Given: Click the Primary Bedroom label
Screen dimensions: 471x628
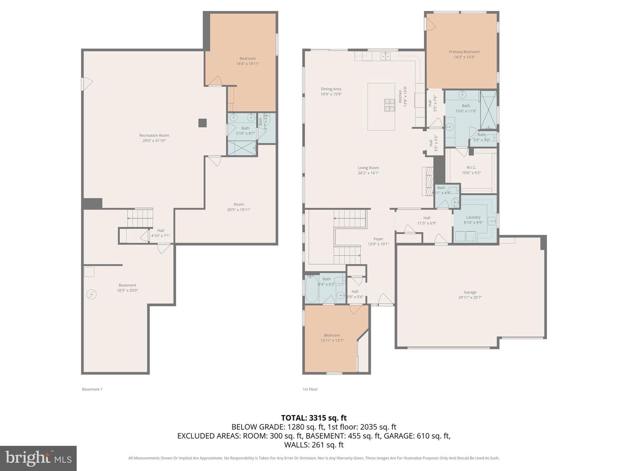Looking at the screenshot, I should click(464, 52).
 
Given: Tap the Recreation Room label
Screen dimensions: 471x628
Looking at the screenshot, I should click(154, 136).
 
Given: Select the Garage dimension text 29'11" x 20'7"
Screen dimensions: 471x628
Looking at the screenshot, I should click(470, 298).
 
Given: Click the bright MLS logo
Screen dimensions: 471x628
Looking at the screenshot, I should click(38, 458).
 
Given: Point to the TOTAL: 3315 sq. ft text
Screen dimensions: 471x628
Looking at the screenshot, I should click(314, 418).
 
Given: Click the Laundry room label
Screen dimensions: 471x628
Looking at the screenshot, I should click(473, 217).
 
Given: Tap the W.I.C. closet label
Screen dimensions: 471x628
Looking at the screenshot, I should click(471, 167).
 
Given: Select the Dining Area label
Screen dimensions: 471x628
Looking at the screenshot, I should click(331, 89).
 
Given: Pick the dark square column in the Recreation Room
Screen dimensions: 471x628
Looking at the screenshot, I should click(202, 123).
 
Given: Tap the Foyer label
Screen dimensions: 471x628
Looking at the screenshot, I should click(378, 239).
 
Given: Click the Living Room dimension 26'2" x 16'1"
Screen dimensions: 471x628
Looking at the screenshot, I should click(369, 173).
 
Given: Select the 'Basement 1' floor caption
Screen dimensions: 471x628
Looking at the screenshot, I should click(92, 389).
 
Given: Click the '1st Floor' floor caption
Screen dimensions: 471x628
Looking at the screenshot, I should click(310, 389).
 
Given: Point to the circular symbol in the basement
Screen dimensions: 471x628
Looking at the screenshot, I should click(92, 295).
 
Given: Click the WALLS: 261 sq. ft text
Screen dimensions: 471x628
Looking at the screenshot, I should click(314, 445).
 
